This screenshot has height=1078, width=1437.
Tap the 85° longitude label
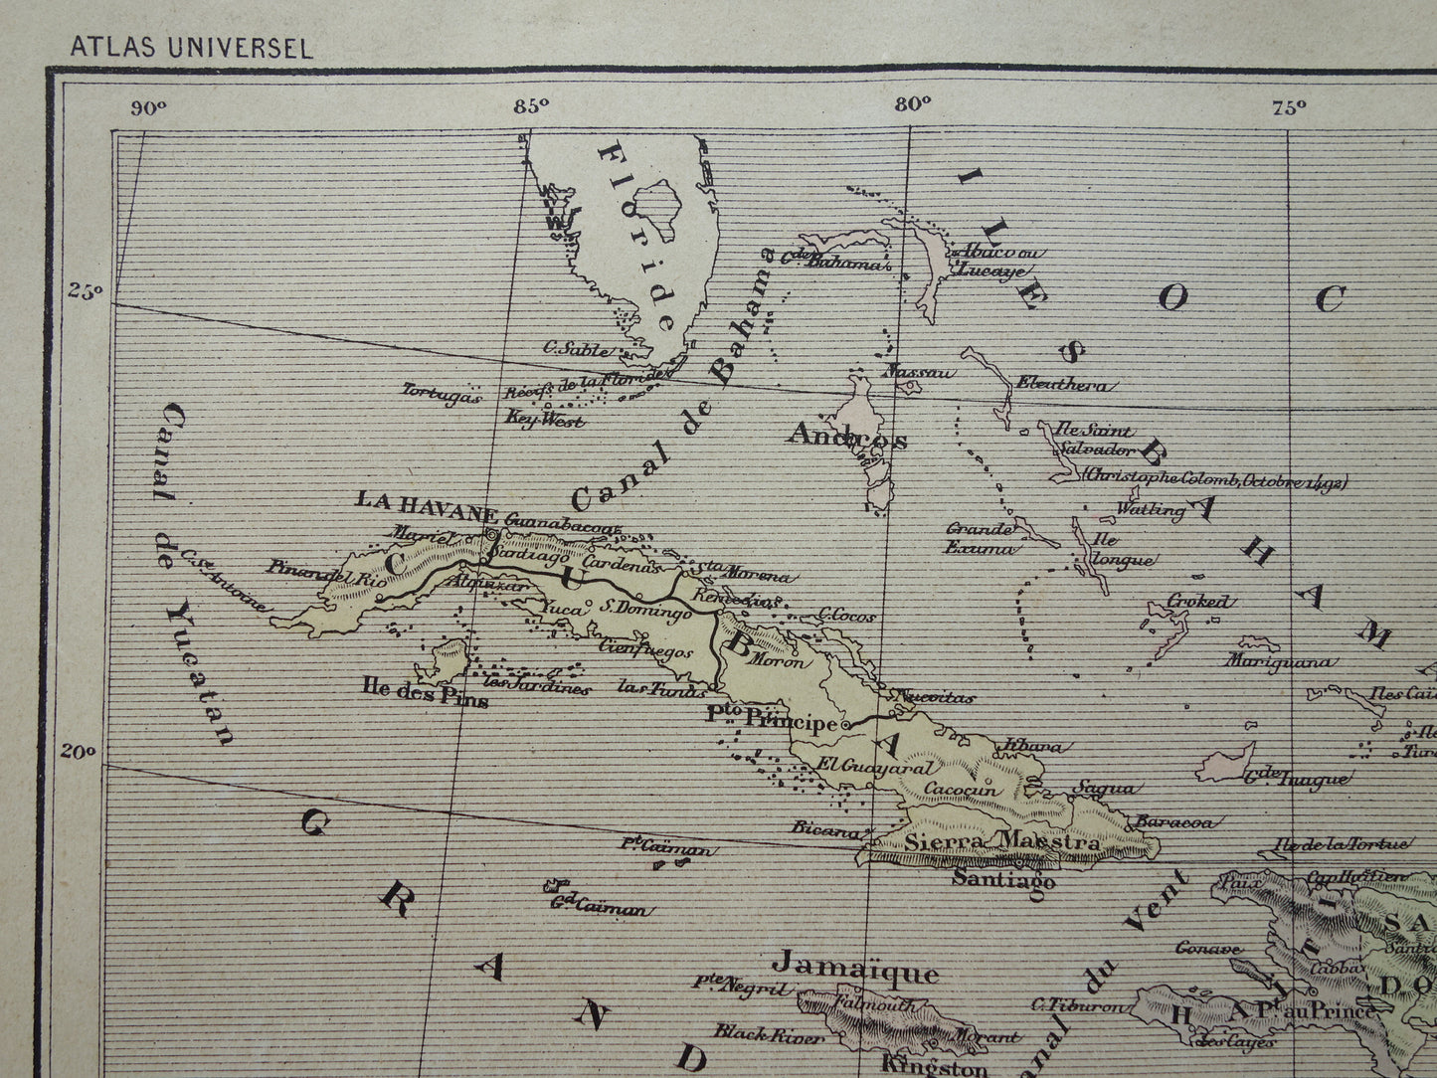pyautogui.click(x=532, y=108)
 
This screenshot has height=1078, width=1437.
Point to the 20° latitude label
pyautogui.click(x=85, y=753)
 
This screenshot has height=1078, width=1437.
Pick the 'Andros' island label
pyautogui.click(x=846, y=436)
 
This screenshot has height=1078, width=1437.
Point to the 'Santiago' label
pyautogui.click(x=1003, y=879)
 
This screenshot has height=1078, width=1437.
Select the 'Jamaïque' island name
pyautogui.click(x=855, y=969)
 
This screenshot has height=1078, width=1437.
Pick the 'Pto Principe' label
pyautogui.click(x=772, y=720)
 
